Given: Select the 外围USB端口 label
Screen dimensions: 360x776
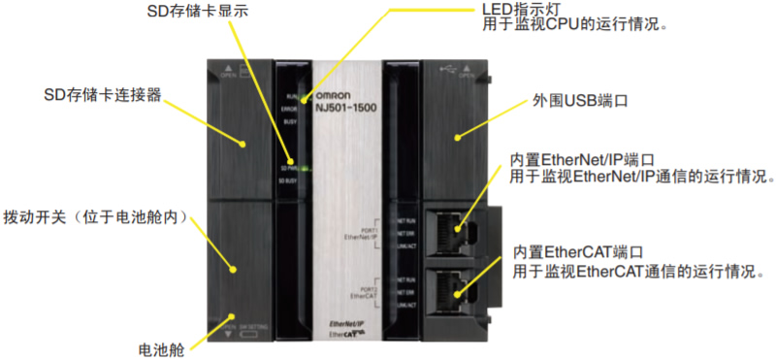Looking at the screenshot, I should (x=575, y=100).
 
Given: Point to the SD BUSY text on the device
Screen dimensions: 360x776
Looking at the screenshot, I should (x=288, y=181).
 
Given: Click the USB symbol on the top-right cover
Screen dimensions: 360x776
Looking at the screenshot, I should (x=447, y=68).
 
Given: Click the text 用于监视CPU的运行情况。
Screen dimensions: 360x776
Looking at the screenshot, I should (x=575, y=24).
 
